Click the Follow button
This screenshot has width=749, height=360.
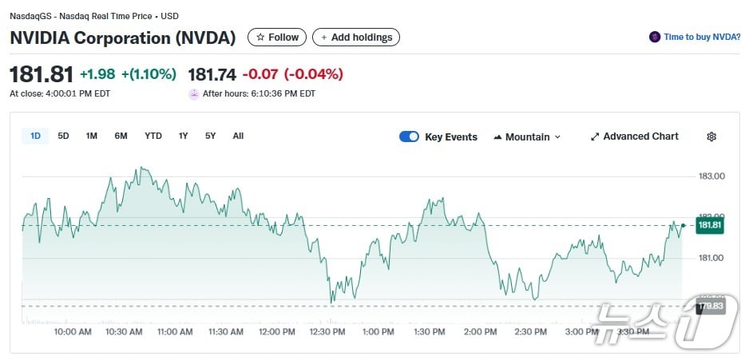[x=277, y=38]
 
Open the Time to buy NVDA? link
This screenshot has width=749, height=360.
[x=695, y=37]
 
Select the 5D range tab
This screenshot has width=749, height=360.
[x=63, y=136]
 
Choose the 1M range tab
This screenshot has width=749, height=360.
[x=92, y=136]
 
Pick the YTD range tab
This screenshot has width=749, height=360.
[x=153, y=136]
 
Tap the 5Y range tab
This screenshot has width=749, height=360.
[x=210, y=136]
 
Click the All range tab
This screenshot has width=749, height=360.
[x=238, y=136]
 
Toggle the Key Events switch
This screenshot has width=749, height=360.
[x=409, y=136]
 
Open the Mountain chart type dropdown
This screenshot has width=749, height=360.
[x=527, y=136]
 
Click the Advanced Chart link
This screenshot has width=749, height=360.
[x=634, y=136]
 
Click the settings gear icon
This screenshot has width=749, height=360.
[x=711, y=136]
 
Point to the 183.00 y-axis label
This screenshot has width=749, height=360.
[x=711, y=176]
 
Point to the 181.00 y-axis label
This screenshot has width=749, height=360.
[x=711, y=258]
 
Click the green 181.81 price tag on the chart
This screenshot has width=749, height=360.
[x=710, y=226]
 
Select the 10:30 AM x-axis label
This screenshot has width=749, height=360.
[x=124, y=331]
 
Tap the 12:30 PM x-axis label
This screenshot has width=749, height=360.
[x=327, y=331]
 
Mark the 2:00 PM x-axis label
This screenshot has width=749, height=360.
[x=480, y=331]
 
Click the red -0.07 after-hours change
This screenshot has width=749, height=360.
[x=262, y=74]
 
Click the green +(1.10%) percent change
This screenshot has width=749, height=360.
[x=149, y=74]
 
